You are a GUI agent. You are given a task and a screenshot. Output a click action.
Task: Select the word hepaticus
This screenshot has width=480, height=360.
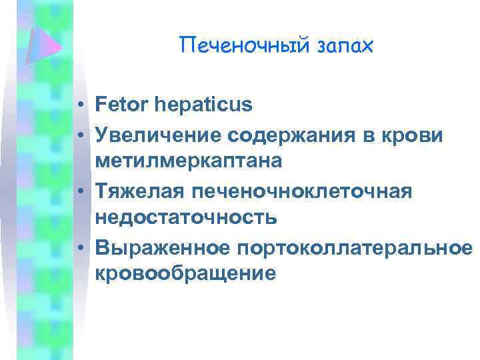(204, 105)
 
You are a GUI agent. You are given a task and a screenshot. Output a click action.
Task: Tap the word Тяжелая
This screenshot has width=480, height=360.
(139, 191)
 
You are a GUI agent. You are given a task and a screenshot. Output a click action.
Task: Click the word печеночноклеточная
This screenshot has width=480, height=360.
(302, 191)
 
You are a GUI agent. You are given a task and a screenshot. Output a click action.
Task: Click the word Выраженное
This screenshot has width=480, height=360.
(162, 248)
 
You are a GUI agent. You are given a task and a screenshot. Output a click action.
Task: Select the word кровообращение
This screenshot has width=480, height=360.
(185, 273)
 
